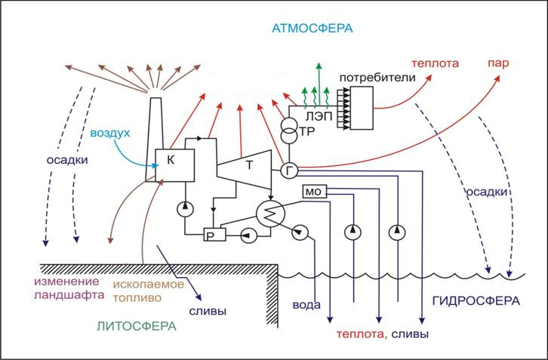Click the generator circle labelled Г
tap(289, 171)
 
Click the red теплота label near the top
tap(435, 65)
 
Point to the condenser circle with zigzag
tap(267, 214)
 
